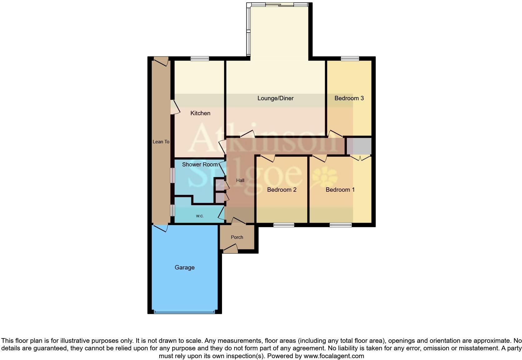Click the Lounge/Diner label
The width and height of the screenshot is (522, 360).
click(275, 98)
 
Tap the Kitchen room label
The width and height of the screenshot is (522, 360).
click(200, 113)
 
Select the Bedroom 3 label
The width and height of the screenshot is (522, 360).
click(349, 98)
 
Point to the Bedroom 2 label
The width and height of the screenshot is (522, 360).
click(282, 190)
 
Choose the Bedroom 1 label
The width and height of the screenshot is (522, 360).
click(340, 190)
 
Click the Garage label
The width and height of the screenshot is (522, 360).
click(185, 268)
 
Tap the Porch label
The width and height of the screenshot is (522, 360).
click(237, 237)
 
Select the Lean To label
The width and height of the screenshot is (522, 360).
click(161, 142)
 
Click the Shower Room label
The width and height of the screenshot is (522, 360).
click(200, 165)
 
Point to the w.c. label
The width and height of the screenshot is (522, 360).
click(200, 216)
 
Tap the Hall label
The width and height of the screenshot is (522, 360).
click(240, 180)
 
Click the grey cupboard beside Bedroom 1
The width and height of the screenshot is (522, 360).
click(359, 146)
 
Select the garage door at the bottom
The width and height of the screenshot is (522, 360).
click(184, 312)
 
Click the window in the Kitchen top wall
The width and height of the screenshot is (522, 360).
click(200, 58)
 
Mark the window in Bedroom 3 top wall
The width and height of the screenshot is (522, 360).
click(350, 58)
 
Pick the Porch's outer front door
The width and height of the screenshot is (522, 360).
click(230, 249)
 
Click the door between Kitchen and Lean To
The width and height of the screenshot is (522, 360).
click(175, 107)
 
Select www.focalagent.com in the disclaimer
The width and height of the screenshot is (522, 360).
click(333, 356)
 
